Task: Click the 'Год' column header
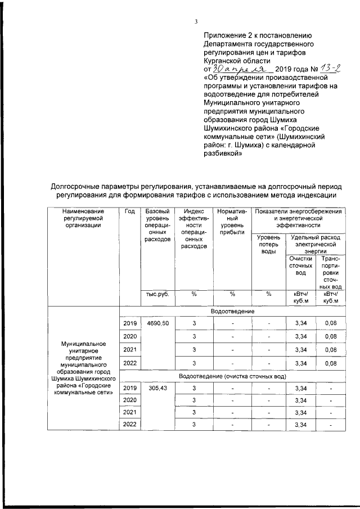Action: (129, 211)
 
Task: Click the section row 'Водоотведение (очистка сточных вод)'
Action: (232, 375)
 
